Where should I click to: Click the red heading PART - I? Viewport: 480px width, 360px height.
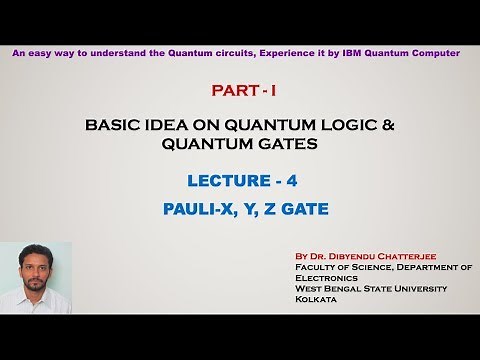pos(243,91)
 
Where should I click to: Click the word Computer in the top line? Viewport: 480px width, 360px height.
pos(436,52)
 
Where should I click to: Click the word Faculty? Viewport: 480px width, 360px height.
pos(316,268)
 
